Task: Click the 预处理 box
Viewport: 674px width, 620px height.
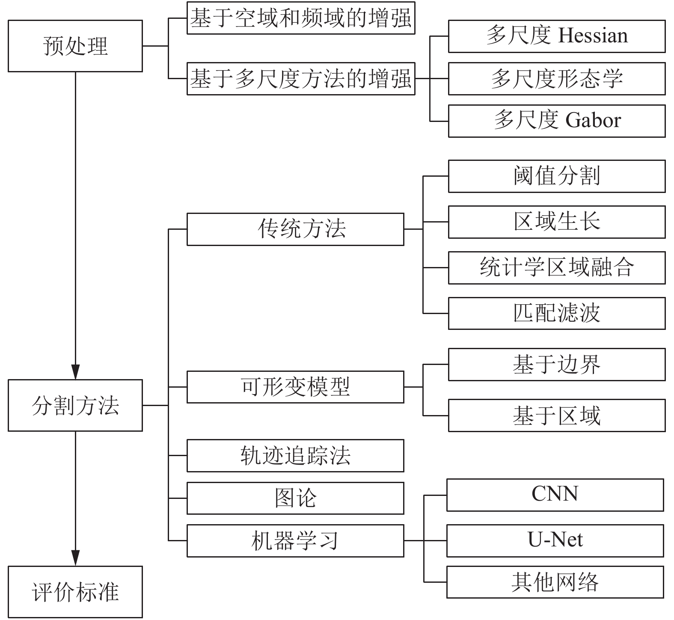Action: pyautogui.click(x=75, y=46)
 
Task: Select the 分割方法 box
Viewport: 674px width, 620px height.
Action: pyautogui.click(x=75, y=405)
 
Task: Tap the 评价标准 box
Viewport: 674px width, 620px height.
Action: pyautogui.click(x=75, y=592)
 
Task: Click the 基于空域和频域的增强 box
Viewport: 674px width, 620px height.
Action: pyautogui.click(x=301, y=18)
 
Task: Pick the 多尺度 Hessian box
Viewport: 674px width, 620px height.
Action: pyautogui.click(x=557, y=36)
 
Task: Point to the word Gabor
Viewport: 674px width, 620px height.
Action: pyautogui.click(x=593, y=120)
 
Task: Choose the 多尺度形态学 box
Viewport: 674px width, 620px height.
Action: pyautogui.click(x=557, y=79)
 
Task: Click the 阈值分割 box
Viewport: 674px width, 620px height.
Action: pyautogui.click(x=557, y=176)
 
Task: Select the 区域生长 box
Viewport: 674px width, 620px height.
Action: pyautogui.click(x=557, y=222)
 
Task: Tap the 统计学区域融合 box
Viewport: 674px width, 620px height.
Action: pyautogui.click(x=557, y=268)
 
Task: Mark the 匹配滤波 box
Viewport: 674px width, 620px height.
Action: pyautogui.click(x=557, y=314)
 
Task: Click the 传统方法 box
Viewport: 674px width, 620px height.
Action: pyautogui.click(x=295, y=229)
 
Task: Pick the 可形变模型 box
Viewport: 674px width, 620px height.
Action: pyautogui.click(x=295, y=387)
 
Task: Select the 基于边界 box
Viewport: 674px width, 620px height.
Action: pyautogui.click(x=557, y=365)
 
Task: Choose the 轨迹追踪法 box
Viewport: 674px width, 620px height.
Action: pyautogui.click(x=295, y=456)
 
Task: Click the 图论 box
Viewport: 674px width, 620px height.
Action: pyautogui.click(x=295, y=498)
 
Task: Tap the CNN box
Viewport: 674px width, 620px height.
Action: pyautogui.click(x=555, y=495)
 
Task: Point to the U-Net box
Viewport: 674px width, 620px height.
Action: pyautogui.click(x=555, y=541)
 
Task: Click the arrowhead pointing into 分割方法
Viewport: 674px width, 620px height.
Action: pyautogui.click(x=75, y=372)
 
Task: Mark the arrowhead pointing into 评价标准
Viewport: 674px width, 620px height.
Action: pyautogui.click(x=75, y=558)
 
